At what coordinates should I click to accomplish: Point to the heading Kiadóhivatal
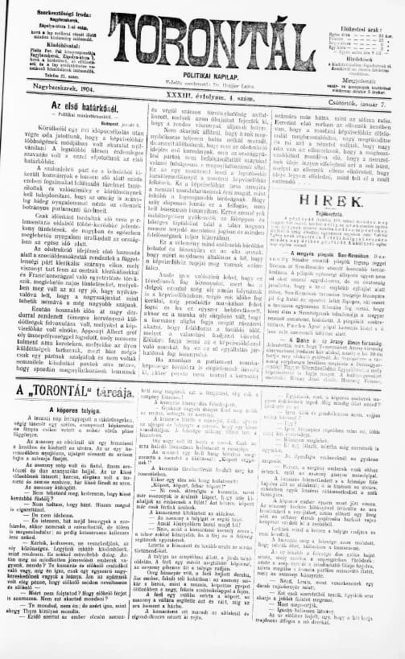[x=48, y=42]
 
